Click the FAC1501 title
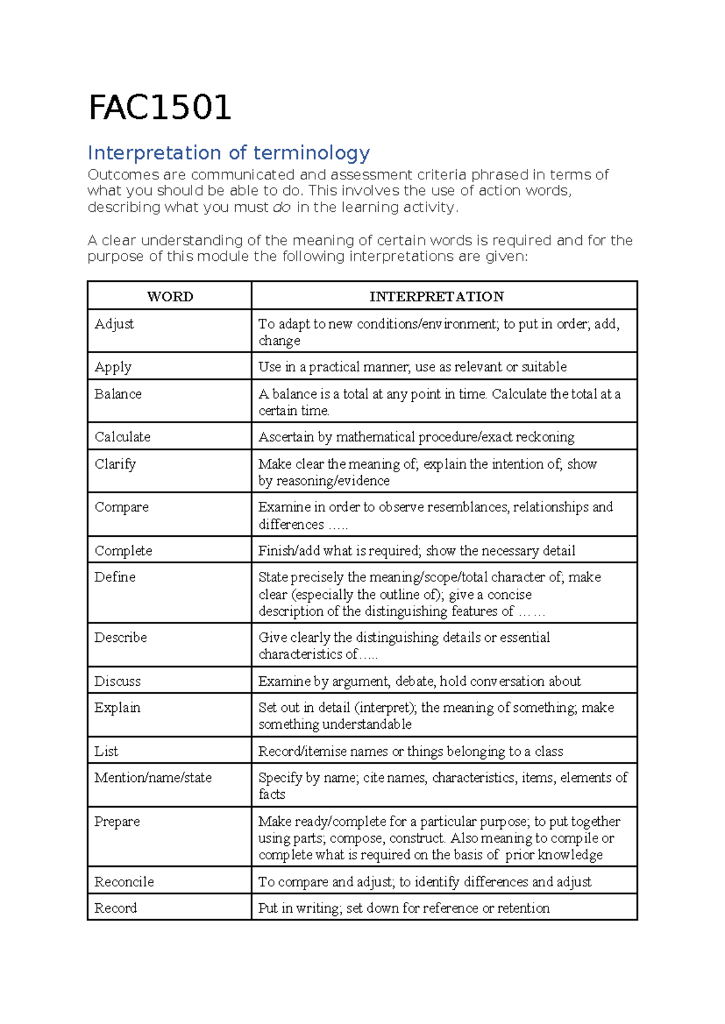pyautogui.click(x=159, y=108)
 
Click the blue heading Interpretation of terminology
pyautogui.click(x=228, y=153)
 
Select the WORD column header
pyautogui.click(x=170, y=296)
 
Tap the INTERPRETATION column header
pyautogui.click(x=436, y=296)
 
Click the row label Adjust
pyautogui.click(x=114, y=324)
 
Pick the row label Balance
pyautogui.click(x=118, y=394)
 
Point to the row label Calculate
pyautogui.click(x=122, y=437)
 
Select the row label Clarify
pyautogui.click(x=115, y=464)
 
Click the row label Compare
pyautogui.click(x=121, y=507)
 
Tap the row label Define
pyautogui.click(x=115, y=577)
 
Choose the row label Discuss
pyautogui.click(x=117, y=682)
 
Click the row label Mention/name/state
pyautogui.click(x=153, y=778)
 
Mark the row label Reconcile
pyautogui.click(x=124, y=882)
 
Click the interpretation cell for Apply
pyautogui.click(x=412, y=367)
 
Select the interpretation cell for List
pyautogui.click(x=410, y=752)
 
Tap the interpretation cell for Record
pyautogui.click(x=404, y=908)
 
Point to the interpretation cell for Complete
pyautogui.click(x=416, y=551)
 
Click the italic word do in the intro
pyautogui.click(x=282, y=208)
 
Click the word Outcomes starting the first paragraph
pyautogui.click(x=123, y=175)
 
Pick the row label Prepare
pyautogui.click(x=117, y=822)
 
